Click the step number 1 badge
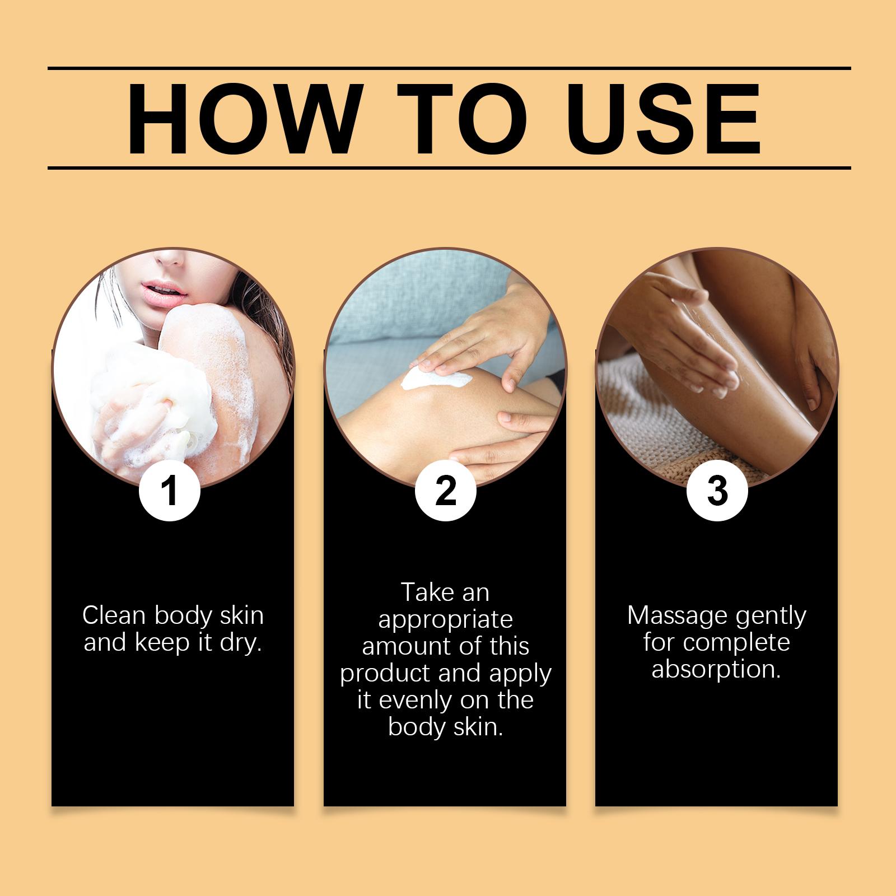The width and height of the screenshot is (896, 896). tap(169, 491)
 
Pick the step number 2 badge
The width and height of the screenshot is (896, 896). tap(445, 491)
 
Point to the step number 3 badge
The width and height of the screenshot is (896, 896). tap(717, 491)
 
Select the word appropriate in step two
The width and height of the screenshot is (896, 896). tap(445, 620)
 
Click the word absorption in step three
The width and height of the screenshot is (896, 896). tap(716, 670)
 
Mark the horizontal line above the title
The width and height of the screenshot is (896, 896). tap(449, 68)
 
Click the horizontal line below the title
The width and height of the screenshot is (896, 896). tap(449, 167)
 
